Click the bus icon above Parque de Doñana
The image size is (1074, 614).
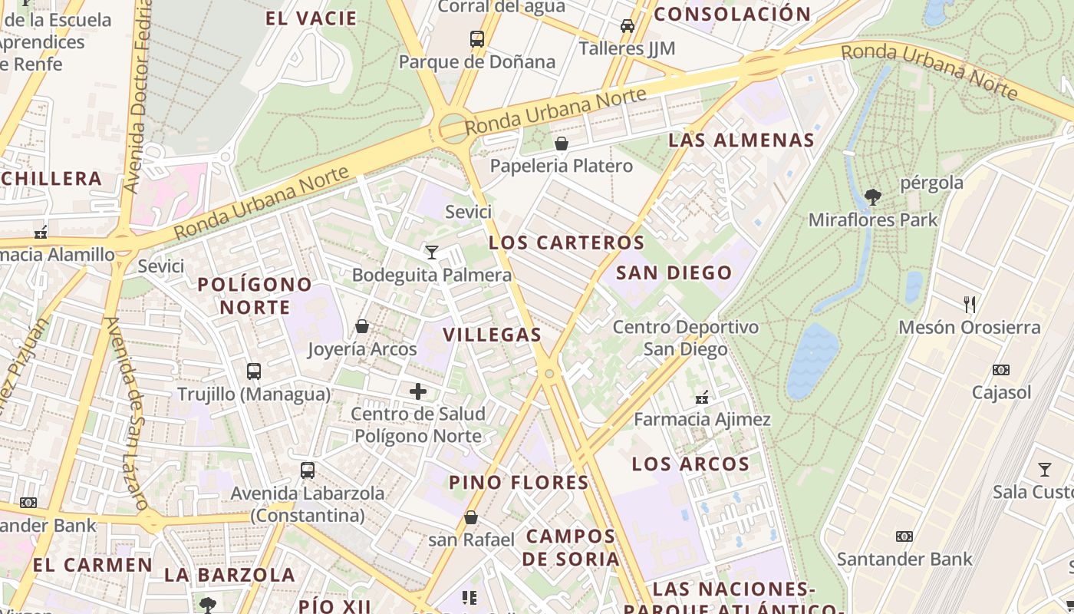click(477, 38)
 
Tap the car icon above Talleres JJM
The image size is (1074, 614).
click(628, 25)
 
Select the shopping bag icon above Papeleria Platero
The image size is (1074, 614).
click(562, 144)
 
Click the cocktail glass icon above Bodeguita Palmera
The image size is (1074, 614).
click(432, 252)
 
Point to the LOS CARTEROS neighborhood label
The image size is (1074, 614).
click(567, 243)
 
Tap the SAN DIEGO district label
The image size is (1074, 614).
click(674, 272)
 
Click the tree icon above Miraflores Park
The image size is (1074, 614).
click(872, 197)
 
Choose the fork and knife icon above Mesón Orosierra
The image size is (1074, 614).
click(970, 305)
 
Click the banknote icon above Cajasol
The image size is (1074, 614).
click(1001, 370)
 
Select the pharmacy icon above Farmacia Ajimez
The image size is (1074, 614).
click(701, 398)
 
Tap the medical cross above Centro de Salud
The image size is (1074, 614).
click(418, 391)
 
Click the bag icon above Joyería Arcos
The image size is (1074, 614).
click(362, 326)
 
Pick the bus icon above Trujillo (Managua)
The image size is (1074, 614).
click(254, 371)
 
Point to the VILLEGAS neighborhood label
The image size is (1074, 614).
click(493, 335)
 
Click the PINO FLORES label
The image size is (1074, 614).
click(519, 483)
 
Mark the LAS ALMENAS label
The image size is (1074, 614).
click(741, 140)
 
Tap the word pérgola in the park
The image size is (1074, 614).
click(931, 183)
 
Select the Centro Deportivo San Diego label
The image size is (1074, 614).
click(685, 338)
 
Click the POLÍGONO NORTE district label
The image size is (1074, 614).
click(255, 295)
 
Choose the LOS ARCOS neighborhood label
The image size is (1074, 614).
click(690, 464)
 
